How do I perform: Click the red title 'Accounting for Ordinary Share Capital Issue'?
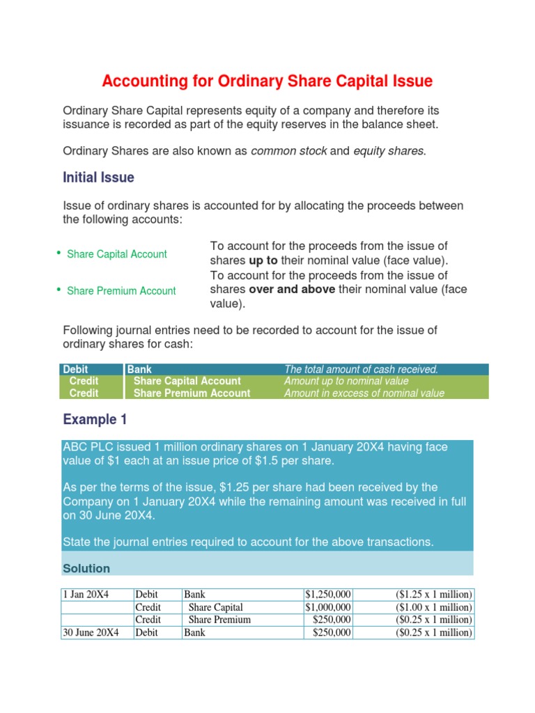click(267, 81)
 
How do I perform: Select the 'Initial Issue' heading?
click(98, 178)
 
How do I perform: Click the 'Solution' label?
click(86, 568)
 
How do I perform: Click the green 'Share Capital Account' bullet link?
click(116, 254)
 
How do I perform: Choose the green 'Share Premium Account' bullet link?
click(121, 291)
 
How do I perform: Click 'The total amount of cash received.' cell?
click(361, 369)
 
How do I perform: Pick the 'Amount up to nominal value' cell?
click(346, 381)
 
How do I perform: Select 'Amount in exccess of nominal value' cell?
click(364, 393)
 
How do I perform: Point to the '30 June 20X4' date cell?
click(91, 632)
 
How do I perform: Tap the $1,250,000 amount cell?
click(328, 595)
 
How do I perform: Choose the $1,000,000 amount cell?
click(328, 607)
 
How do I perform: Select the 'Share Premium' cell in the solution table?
click(219, 620)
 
